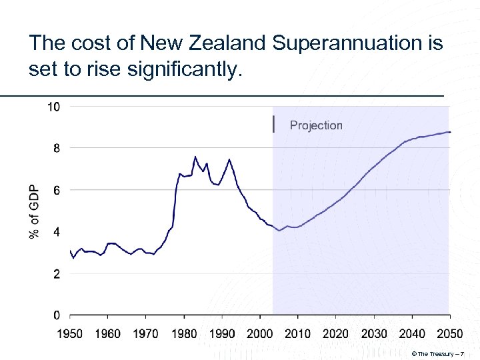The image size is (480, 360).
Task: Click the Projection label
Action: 316,125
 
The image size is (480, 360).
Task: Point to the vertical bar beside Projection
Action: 273,124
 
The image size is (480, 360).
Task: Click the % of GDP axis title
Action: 34,211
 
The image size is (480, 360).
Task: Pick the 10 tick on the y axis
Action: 53,107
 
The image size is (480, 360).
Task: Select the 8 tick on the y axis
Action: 56,149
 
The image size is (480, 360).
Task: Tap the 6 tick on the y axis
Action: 56,191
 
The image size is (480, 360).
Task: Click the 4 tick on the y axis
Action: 56,232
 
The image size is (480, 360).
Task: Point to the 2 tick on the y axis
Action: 56,274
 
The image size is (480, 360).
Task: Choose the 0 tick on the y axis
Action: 56,315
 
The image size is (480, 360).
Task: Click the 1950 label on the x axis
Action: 69,333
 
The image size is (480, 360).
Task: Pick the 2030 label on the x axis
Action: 374,333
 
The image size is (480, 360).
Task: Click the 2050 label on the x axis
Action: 450,333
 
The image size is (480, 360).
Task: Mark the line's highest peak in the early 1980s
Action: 195,157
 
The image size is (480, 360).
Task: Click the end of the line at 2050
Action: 450,132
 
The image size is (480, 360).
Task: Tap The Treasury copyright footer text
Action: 442,353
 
